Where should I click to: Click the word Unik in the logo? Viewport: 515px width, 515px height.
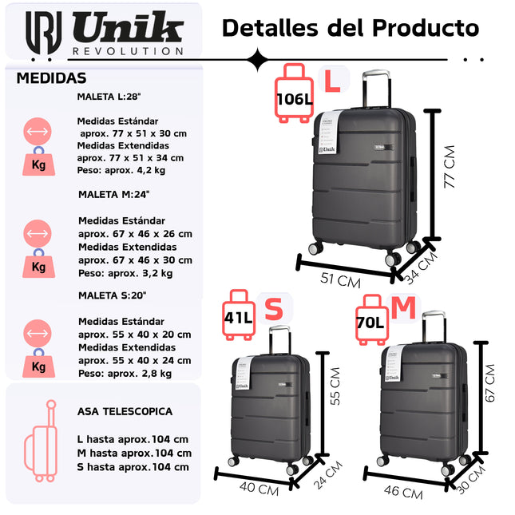[x=127, y=30]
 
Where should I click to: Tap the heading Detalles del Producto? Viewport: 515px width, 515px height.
[x=351, y=28]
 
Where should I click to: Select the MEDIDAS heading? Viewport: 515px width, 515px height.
[x=51, y=78]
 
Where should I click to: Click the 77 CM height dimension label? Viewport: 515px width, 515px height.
[x=450, y=167]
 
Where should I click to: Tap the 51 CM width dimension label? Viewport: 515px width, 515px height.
[x=340, y=280]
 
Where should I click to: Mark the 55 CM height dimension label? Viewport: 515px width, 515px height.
[x=335, y=386]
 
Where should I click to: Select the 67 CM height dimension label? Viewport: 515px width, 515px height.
[x=491, y=382]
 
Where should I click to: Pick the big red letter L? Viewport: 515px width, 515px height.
[x=331, y=80]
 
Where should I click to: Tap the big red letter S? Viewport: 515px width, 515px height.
[x=274, y=309]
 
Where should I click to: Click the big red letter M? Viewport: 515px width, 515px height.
[x=404, y=307]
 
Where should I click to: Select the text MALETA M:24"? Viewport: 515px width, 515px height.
[x=113, y=194]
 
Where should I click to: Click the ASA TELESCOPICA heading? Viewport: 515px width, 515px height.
[x=125, y=411]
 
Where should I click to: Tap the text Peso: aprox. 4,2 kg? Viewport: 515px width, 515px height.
[x=121, y=170]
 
